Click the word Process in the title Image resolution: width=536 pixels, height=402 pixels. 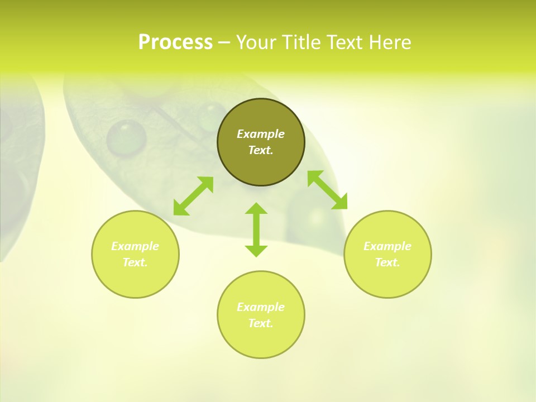[175, 42]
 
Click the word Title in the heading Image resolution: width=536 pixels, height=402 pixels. [300, 42]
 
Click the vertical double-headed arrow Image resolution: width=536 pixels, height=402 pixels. [256, 230]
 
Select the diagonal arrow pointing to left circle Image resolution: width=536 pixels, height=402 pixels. [193, 196]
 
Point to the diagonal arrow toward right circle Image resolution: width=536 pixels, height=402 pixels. [328, 190]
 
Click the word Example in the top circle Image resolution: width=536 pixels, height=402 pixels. [261, 134]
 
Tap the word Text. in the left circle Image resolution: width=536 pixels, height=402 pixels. [135, 262]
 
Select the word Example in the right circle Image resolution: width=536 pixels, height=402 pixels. [387, 246]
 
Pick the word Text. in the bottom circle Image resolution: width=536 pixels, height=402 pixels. [261, 323]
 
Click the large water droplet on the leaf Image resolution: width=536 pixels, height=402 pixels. [126, 138]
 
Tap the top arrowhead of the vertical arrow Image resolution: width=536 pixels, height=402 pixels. [256, 209]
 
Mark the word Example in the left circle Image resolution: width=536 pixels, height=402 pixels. [135, 246]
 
